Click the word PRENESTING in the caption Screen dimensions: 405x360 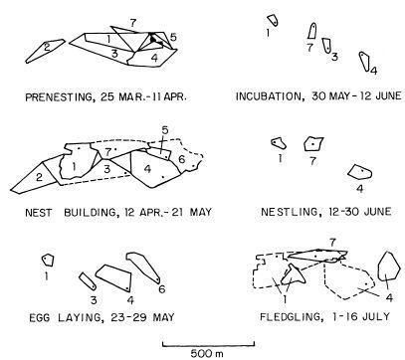pyautogui.click(x=59, y=97)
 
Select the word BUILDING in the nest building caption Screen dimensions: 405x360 pyautogui.click(x=91, y=213)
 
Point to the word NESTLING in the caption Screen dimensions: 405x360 pyautogui.click(x=288, y=212)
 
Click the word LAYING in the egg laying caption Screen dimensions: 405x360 pyautogui.click(x=78, y=317)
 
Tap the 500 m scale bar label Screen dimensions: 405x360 pyautogui.click(x=207, y=353)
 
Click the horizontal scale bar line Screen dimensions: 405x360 pyautogui.click(x=208, y=345)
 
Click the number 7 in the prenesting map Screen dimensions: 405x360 pyautogui.click(x=132, y=23)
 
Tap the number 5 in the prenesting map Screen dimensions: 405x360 pyautogui.click(x=173, y=37)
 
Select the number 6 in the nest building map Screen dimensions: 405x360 pyautogui.click(x=181, y=159)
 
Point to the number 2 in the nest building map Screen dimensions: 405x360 pyautogui.click(x=39, y=177)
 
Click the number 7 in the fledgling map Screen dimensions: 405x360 pyautogui.click(x=332, y=243)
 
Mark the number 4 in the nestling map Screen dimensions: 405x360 pyautogui.click(x=359, y=189)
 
